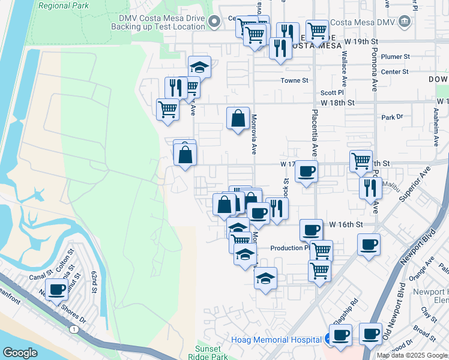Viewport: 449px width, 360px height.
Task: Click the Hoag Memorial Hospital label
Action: point(276,340)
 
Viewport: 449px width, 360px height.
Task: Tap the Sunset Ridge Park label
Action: point(212,352)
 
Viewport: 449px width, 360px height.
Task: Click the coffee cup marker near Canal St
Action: point(58,290)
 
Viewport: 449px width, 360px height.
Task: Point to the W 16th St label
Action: point(347,224)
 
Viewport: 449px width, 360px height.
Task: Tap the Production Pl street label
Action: point(289,248)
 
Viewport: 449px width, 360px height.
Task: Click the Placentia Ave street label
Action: point(314,133)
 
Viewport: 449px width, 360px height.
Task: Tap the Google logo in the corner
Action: point(20,353)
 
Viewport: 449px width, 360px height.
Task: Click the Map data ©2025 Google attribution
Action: point(412,355)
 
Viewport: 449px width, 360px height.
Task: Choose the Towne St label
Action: point(295,80)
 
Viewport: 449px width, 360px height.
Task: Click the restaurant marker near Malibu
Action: point(370,188)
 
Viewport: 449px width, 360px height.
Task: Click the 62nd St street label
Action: point(94,282)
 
